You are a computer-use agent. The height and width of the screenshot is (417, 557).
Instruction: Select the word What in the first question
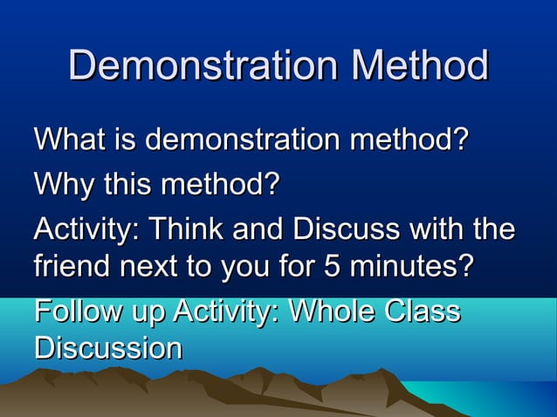(x=68, y=140)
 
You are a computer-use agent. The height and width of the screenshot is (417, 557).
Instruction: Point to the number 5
(x=333, y=266)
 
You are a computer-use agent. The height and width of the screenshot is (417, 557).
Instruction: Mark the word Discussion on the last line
(x=108, y=348)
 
